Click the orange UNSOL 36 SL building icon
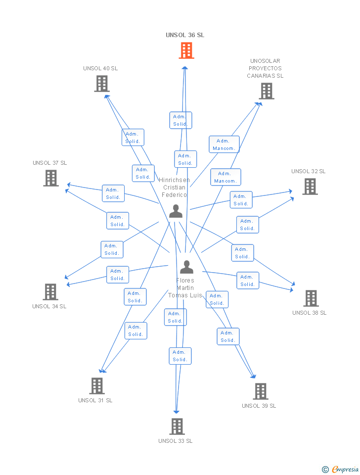coord(186,50)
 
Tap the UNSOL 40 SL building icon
coord(101,84)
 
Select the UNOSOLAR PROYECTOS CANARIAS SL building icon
coord(267,91)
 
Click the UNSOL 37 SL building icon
coord(51,178)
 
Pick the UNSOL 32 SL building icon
coord(310,187)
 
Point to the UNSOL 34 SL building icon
coord(50,292)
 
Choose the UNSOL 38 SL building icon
coord(311,298)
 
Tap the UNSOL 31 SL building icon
coord(97,386)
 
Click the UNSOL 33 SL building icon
coord(177,427)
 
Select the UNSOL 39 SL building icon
coord(261,391)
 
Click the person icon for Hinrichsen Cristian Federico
coord(176,211)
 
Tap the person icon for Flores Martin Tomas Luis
coord(186,267)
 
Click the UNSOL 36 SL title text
coord(185,35)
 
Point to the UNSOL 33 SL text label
coord(176,441)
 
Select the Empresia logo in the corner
coord(341,469)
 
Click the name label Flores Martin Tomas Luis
coord(185,288)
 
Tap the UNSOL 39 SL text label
coord(259,406)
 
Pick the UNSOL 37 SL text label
coord(50,163)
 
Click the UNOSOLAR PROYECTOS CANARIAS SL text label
coord(266,68)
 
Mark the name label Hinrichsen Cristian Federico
coord(174,188)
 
